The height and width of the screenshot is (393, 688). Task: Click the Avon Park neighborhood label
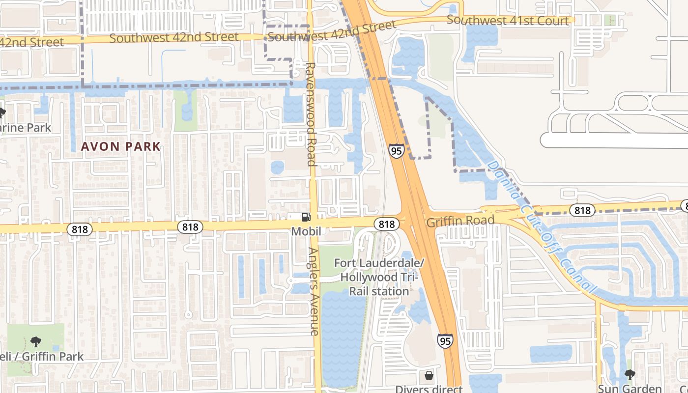pos(121,146)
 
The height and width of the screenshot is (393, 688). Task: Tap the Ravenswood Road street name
pos(311,114)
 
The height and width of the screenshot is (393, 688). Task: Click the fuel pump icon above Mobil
pos(306,217)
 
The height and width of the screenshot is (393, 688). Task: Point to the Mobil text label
pos(306,230)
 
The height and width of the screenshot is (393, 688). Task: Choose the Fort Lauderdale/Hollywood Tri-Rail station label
pos(378,277)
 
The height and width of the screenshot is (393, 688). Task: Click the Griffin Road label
pos(460,221)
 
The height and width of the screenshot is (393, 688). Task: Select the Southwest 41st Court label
pos(508,21)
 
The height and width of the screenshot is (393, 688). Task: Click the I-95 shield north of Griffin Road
pos(396,150)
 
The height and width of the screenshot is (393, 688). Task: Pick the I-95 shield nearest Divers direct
pos(445,340)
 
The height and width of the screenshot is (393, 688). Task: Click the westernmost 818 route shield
pos(79,229)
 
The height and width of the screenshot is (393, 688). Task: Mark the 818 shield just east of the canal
pos(582,211)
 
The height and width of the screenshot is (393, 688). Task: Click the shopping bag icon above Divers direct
pos(429,376)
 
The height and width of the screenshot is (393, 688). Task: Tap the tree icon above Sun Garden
pos(630,375)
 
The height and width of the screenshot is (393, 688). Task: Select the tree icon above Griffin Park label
pos(35,341)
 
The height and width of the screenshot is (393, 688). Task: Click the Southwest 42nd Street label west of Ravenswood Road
pos(174,37)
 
